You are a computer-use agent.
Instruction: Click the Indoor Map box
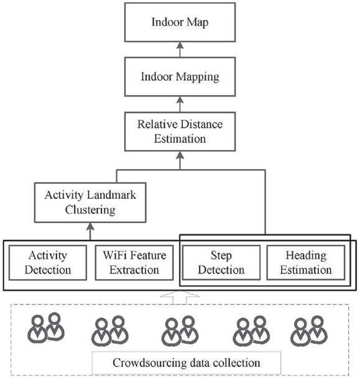(180, 22)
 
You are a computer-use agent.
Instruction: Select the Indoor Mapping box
(180, 77)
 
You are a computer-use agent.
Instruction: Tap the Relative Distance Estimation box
(180, 132)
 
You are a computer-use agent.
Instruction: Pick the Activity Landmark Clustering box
(90, 203)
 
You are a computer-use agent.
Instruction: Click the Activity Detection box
(48, 263)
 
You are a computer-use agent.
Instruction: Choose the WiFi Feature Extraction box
(134, 263)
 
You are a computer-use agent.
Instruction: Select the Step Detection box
(221, 263)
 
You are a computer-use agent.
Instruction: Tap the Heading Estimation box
(306, 263)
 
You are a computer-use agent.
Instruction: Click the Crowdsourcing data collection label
(187, 363)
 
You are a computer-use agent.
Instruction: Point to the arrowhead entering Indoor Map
(180, 45)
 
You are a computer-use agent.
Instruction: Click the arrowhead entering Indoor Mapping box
(180, 100)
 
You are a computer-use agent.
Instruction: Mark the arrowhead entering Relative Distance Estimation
(180, 155)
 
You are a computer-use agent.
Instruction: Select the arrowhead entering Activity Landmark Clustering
(90, 226)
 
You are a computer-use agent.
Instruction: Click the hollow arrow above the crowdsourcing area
(180, 298)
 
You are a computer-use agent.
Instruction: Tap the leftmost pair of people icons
(45, 328)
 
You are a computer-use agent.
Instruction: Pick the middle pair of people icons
(180, 331)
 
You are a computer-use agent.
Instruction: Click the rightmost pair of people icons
(309, 331)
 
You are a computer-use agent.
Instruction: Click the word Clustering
(90, 210)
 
